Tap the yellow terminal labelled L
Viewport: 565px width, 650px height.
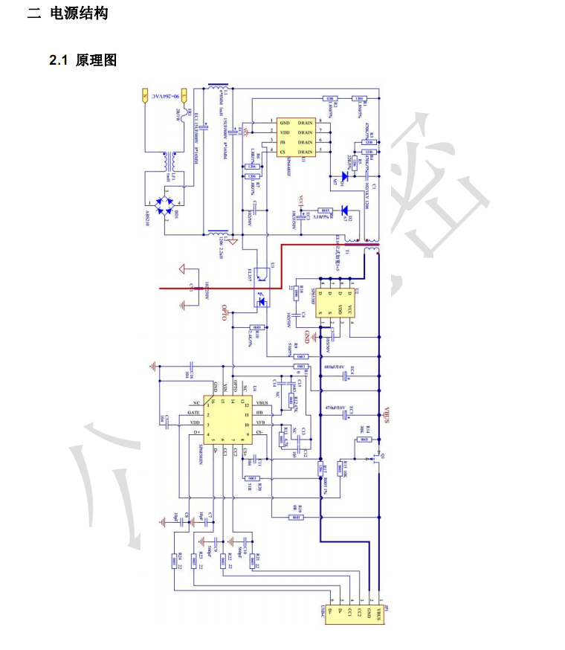pyautogui.click(x=146, y=96)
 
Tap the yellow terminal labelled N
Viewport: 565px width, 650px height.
pyautogui.click(x=184, y=96)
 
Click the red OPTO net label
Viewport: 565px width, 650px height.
pyautogui.click(x=225, y=314)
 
